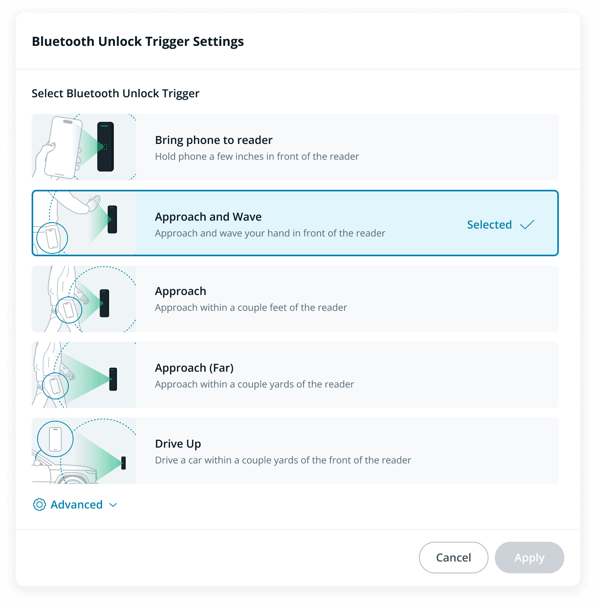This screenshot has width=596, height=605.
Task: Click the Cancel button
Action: pos(453,557)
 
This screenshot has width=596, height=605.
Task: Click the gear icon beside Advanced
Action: pos(40,505)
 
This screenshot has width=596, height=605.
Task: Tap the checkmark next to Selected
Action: pos(527,225)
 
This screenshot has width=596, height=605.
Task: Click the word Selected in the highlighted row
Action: pos(489,225)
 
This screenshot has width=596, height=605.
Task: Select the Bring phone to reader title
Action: pos(214,140)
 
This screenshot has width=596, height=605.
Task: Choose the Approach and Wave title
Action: pos(208,217)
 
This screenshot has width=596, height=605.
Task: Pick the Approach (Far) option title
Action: pos(194,368)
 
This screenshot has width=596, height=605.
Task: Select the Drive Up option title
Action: pos(178,444)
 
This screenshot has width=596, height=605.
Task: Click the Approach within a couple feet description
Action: pos(251,307)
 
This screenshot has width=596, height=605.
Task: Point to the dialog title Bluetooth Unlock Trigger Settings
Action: pos(138,42)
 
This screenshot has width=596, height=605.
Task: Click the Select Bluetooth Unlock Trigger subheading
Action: pos(115,93)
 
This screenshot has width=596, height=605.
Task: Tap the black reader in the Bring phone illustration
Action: pos(106,147)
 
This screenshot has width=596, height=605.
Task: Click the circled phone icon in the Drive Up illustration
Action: pos(55,439)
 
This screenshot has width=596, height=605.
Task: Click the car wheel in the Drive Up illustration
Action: pos(73,479)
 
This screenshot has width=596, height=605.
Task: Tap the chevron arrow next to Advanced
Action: pos(113,505)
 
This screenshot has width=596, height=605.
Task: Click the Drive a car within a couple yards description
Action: pos(283,460)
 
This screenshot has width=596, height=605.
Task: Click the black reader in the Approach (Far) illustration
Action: pos(113,379)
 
